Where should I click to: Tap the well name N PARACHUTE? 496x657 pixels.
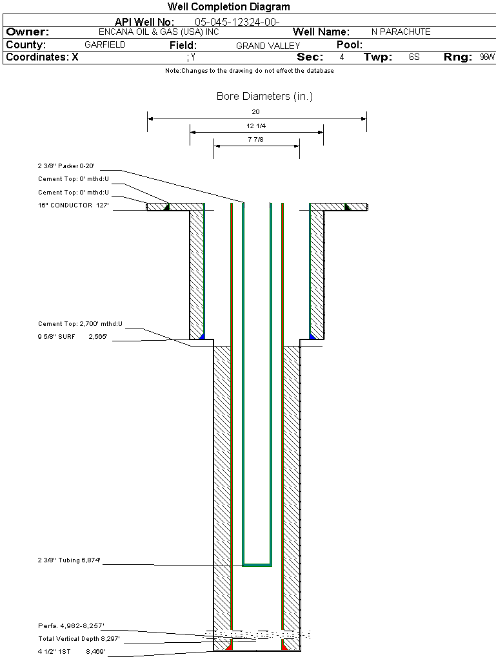coord(401,32)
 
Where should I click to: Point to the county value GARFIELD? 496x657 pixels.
coord(105,45)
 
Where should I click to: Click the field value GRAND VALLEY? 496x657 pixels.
coord(268,46)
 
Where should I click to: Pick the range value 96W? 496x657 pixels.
coord(487,57)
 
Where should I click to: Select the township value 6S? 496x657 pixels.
coord(414,57)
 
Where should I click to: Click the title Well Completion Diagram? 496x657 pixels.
coord(229,7)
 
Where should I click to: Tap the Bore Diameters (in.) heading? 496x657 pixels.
coord(264,97)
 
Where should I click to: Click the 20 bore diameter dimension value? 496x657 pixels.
coord(256,112)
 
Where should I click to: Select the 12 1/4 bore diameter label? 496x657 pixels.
coord(256,126)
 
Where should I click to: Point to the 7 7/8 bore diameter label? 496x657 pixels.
coord(256,139)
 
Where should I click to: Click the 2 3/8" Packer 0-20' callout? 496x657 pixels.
coord(66,166)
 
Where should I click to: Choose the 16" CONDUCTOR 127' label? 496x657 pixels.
coord(72,205)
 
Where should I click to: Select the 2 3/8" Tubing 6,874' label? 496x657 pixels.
coord(69,560)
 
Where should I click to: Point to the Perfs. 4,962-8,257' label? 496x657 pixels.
coord(71,625)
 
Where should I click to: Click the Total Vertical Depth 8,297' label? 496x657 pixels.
coord(79,638)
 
